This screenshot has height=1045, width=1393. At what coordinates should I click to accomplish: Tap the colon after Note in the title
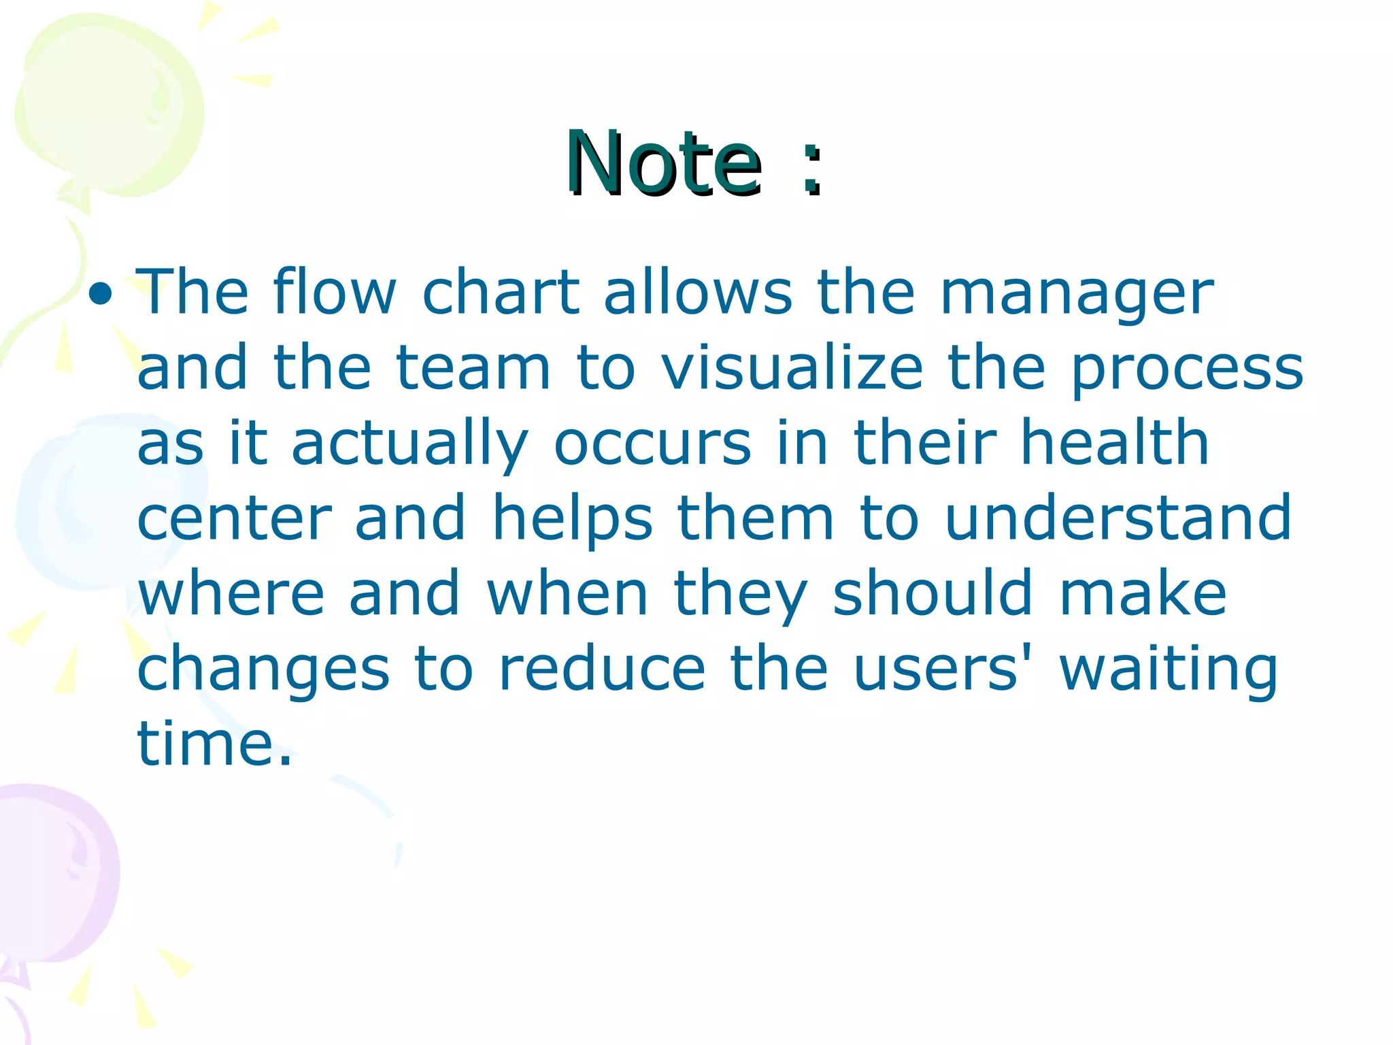click(x=811, y=170)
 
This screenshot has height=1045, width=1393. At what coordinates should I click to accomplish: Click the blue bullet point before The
click(x=101, y=294)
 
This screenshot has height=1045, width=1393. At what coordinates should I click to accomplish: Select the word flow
click(x=335, y=293)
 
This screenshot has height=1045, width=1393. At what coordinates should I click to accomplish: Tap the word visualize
click(x=792, y=368)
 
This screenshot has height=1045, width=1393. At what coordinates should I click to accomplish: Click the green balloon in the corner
click(x=109, y=109)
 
